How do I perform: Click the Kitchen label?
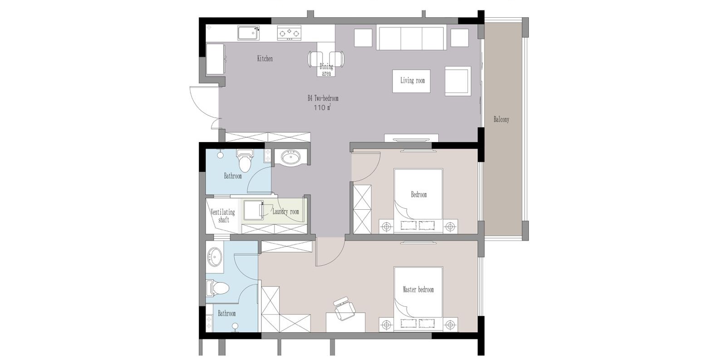[x=265, y=59]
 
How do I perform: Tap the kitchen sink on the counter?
[x=249, y=33]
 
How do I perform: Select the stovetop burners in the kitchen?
[x=289, y=33]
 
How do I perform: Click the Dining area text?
[x=326, y=70]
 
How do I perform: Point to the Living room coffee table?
[x=411, y=81]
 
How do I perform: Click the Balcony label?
[x=501, y=119]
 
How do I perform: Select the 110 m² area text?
[x=322, y=108]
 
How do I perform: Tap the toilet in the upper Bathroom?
[x=244, y=161]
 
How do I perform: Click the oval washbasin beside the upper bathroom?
[x=290, y=157]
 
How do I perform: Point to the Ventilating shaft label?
[x=223, y=216]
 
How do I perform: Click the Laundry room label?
[x=285, y=212]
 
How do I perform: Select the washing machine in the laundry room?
[x=253, y=211]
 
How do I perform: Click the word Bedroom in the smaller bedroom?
[x=419, y=195]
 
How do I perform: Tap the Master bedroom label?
[x=418, y=290]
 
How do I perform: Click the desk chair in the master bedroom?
[x=344, y=308]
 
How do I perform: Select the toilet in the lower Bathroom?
[x=218, y=288]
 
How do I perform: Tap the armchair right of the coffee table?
[x=458, y=81]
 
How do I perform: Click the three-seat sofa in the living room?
[x=411, y=38]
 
